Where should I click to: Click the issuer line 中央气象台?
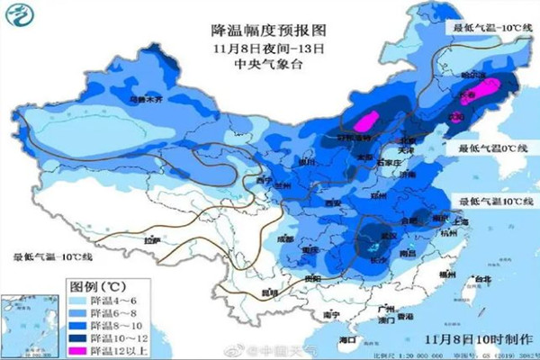point(267,62)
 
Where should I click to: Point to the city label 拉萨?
point(151,240)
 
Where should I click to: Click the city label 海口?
point(345,340)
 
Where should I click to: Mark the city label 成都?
point(285,238)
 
